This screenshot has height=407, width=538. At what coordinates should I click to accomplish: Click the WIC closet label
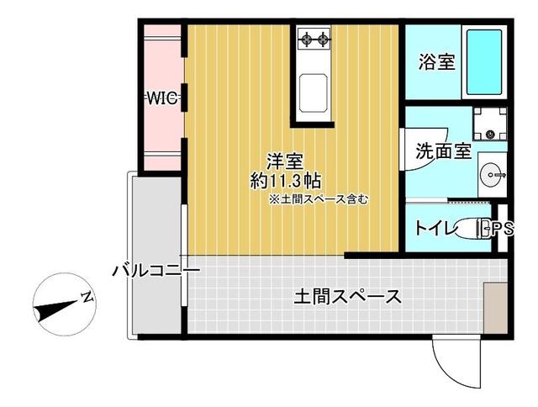[162, 98]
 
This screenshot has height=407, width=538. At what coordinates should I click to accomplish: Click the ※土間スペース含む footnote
[319, 200]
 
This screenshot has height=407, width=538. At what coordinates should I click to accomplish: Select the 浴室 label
[437, 63]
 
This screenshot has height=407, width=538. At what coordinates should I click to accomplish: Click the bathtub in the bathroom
[488, 61]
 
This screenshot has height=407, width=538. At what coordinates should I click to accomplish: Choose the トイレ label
[435, 227]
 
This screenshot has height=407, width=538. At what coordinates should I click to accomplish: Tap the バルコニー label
[156, 271]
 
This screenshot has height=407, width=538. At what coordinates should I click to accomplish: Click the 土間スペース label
[346, 296]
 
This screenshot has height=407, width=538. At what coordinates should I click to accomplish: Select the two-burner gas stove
[314, 38]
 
